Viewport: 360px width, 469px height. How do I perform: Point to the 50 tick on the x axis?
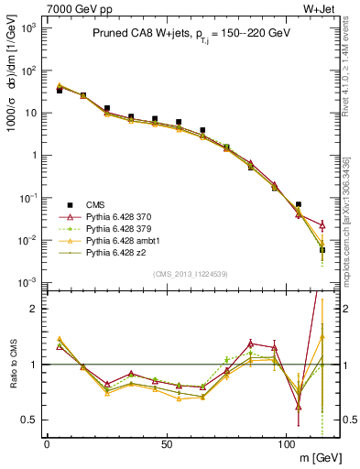pyautogui.click(x=166, y=443)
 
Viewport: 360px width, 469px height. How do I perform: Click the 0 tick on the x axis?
pyautogui.click(x=47, y=443)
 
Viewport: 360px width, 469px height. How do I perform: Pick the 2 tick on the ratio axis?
pyautogui.click(x=35, y=310)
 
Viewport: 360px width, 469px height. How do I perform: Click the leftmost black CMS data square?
pyautogui.click(x=59, y=91)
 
